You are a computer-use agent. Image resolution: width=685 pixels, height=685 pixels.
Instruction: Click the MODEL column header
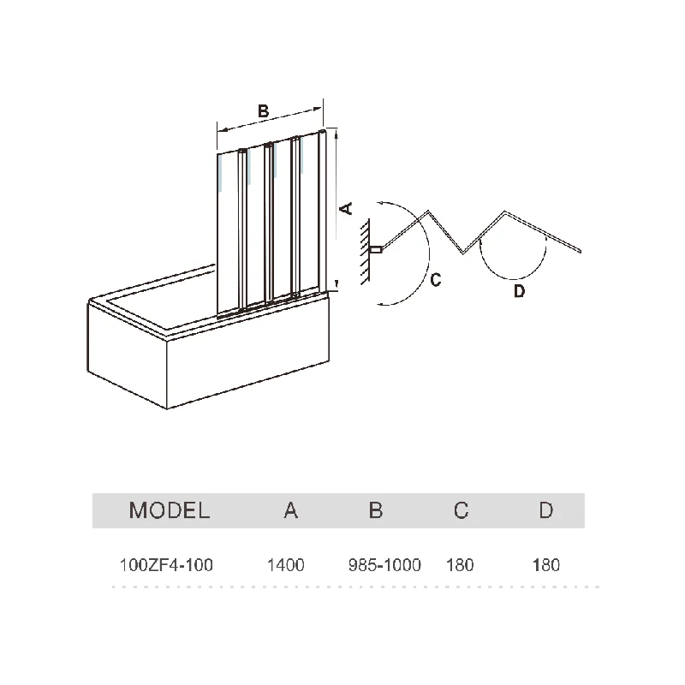[x=169, y=511]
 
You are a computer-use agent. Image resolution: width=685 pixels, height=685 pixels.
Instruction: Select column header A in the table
[x=291, y=511]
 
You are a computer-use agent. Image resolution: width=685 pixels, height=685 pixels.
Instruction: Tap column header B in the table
[x=376, y=511]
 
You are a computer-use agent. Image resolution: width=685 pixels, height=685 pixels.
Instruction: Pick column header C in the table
[x=461, y=511]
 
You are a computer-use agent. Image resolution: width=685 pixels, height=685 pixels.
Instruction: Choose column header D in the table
[x=545, y=511]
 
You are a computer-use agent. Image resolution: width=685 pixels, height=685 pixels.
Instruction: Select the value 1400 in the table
[x=286, y=565]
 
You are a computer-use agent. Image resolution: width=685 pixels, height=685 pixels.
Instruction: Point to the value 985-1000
[x=384, y=565]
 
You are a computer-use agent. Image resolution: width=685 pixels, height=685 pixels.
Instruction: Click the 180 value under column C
[x=460, y=565]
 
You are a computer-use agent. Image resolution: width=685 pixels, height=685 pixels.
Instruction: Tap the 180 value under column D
[x=545, y=565]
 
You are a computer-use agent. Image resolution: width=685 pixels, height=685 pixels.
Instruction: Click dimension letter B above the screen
[x=264, y=110]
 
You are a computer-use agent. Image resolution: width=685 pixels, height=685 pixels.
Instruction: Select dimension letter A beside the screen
[x=347, y=208]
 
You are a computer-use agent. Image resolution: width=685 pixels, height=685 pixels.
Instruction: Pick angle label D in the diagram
[x=519, y=291]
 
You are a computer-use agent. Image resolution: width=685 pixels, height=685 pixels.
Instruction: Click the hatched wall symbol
[x=366, y=248]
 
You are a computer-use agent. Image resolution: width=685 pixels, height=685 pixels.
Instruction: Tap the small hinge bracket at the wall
[x=375, y=250]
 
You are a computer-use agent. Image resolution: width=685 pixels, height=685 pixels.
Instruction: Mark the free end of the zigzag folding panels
[x=581, y=251]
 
